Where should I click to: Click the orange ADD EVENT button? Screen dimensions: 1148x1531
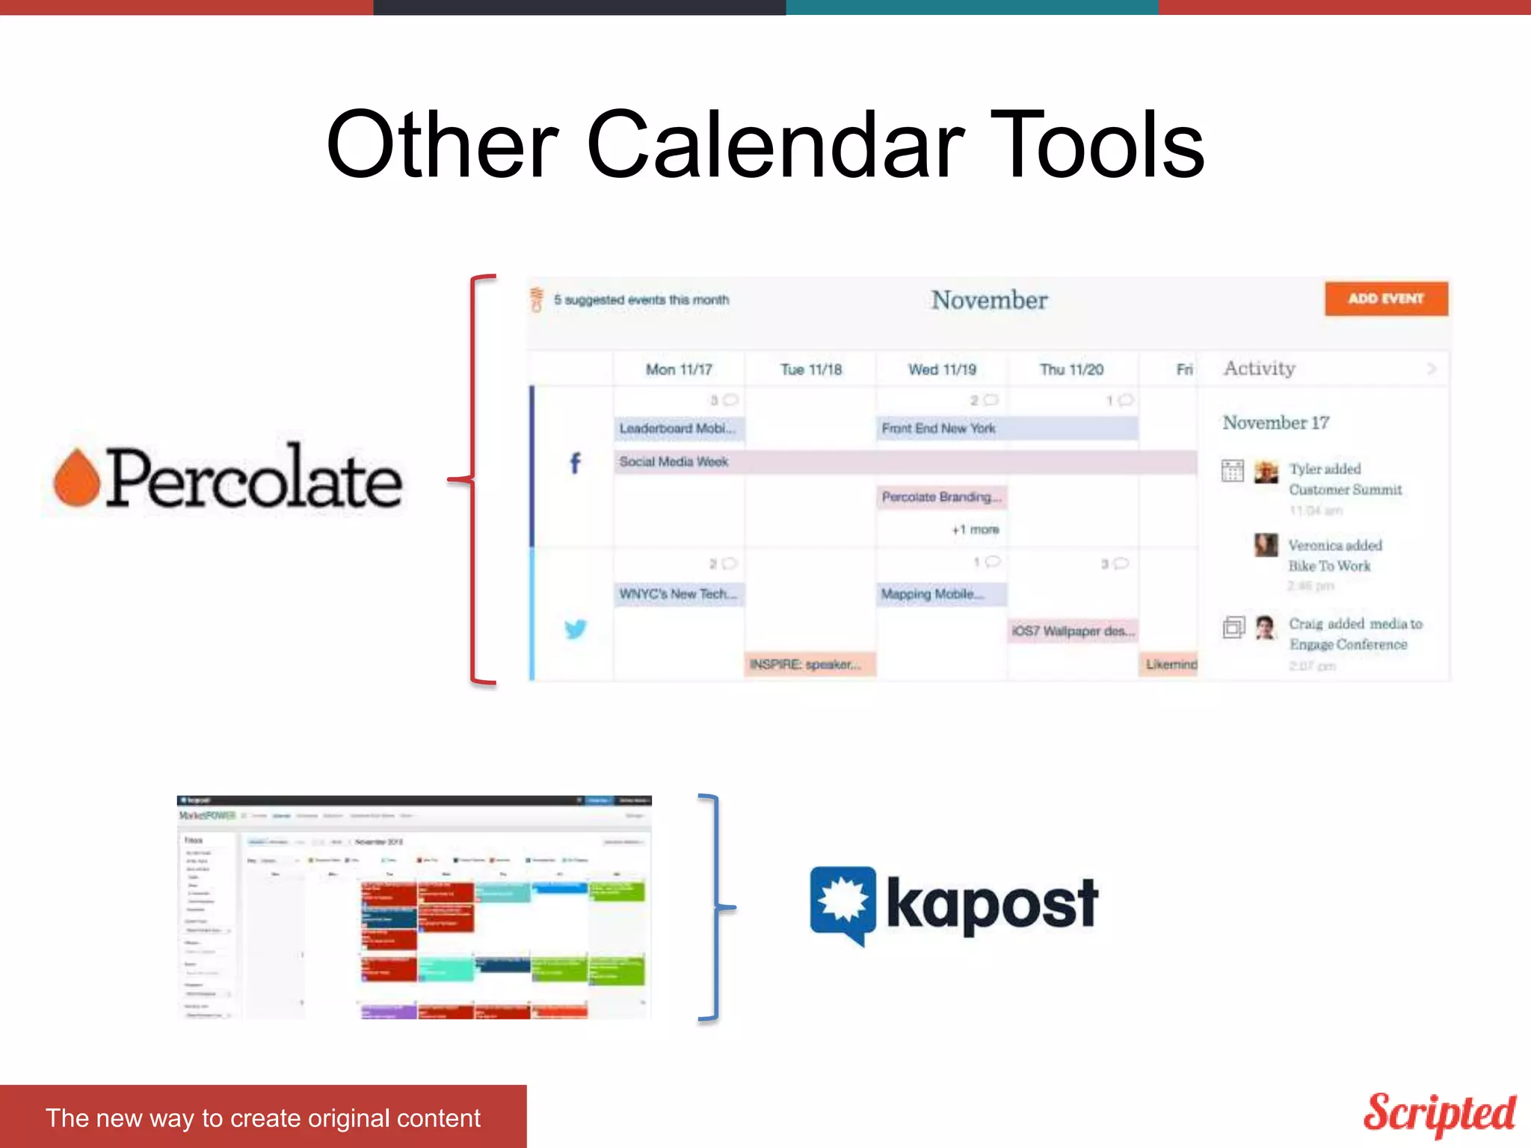coord(1386,299)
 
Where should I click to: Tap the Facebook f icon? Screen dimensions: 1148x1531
coord(575,463)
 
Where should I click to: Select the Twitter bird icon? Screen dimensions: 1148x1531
coord(575,629)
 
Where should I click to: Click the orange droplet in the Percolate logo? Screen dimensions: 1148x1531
coord(76,478)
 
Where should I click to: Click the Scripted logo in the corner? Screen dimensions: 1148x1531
coord(1439,1114)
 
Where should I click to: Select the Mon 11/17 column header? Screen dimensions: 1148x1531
coord(679,369)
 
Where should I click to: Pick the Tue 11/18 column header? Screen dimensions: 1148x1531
coord(811,369)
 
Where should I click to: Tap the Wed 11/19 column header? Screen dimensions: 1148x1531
coord(942,369)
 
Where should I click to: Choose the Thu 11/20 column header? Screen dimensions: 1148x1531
coord(1071,369)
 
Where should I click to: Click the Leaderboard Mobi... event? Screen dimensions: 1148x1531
coord(678,428)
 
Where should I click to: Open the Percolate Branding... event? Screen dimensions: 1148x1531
coord(941,497)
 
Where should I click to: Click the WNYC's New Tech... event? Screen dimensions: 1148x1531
coord(678,594)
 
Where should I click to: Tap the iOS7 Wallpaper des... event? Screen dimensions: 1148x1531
coord(1073,631)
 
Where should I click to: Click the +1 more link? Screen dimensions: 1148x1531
coord(975,530)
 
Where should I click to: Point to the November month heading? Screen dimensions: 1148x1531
coord(989,300)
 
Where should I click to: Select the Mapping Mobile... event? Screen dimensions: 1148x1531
coord(941,594)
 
